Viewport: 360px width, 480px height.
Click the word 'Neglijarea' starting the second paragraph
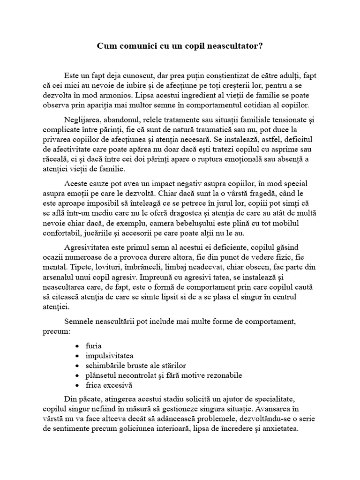coord(81,119)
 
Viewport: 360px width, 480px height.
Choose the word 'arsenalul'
coord(57,277)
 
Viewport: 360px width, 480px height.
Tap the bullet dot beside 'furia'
coord(76,346)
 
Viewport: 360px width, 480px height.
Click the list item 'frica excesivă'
coord(109,385)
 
